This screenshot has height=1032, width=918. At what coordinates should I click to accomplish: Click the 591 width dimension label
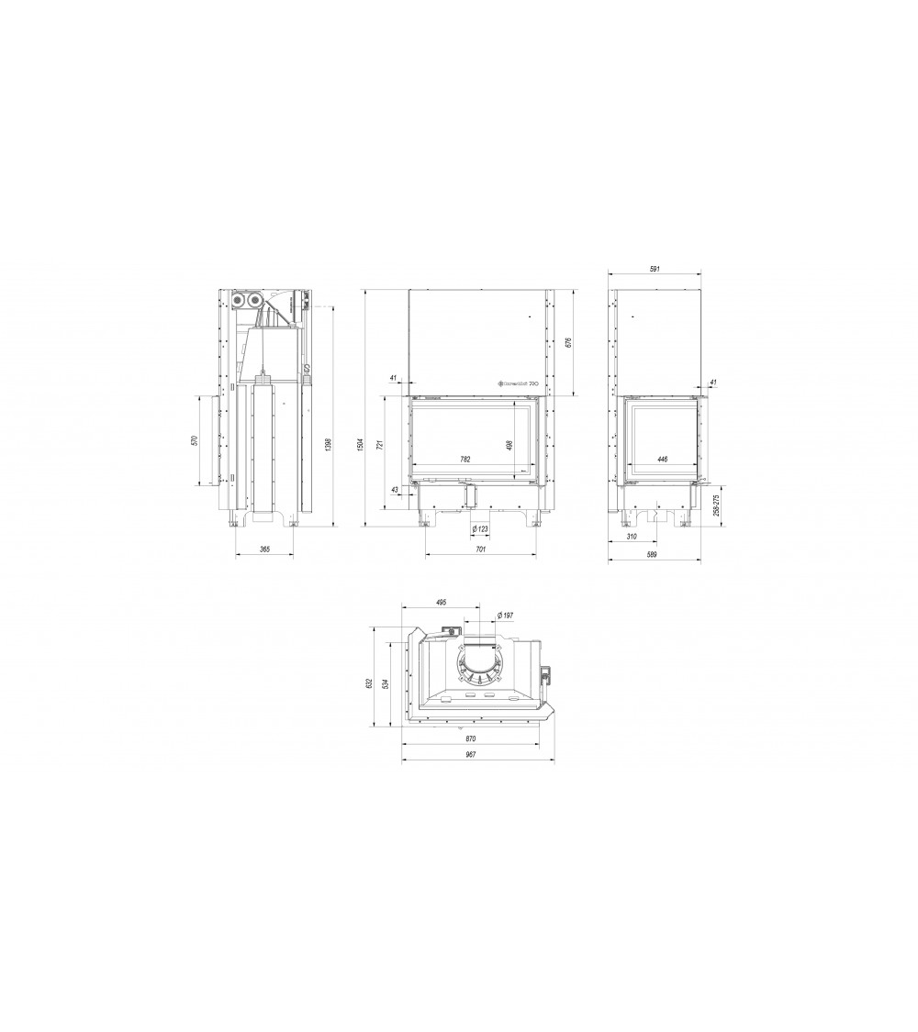click(655, 270)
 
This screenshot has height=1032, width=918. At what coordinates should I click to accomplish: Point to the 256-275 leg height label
click(717, 505)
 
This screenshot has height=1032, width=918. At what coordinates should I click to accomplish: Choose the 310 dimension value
click(632, 536)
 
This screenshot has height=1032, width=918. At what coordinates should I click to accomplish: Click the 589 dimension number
click(652, 554)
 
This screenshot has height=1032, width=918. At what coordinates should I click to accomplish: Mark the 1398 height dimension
click(326, 445)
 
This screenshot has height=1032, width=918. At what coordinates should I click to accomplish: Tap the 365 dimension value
click(264, 549)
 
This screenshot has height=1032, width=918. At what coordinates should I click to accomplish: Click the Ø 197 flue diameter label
click(504, 614)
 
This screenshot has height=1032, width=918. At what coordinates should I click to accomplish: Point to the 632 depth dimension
click(368, 682)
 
